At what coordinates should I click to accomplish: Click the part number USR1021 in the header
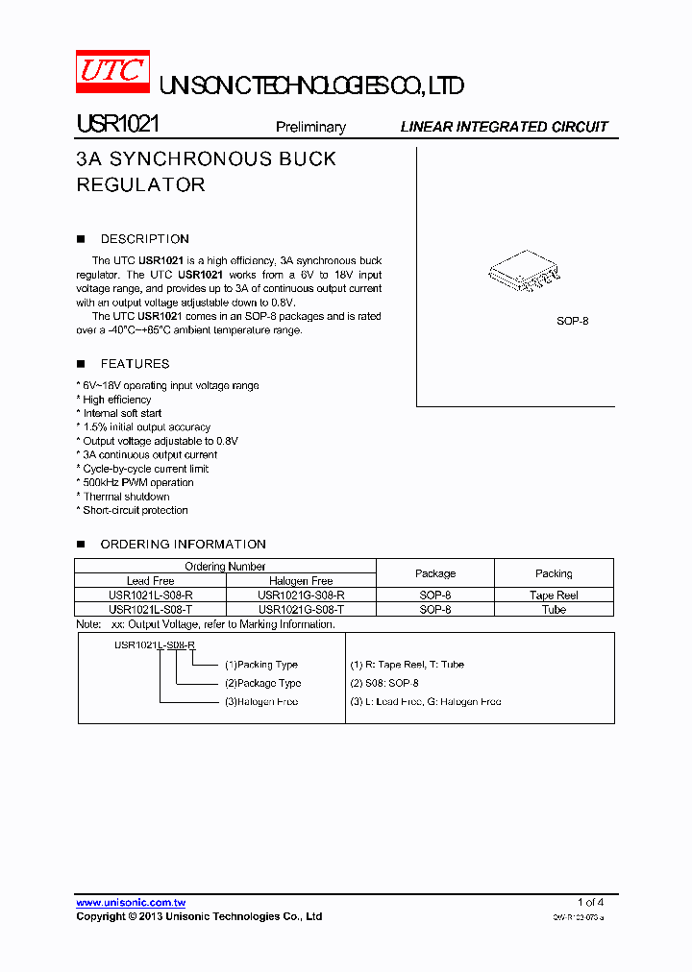tap(118, 126)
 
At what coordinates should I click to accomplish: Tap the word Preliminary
tap(309, 127)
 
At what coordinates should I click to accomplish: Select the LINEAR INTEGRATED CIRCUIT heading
tap(504, 127)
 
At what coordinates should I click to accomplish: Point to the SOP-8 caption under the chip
tap(572, 321)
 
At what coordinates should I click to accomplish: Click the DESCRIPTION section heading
tap(144, 239)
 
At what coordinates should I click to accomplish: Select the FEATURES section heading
tap(135, 364)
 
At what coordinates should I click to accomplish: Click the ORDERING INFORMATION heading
tap(183, 545)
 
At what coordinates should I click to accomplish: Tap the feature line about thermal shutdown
tap(126, 497)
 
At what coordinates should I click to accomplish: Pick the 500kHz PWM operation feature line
tap(138, 483)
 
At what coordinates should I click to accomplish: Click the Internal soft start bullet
tap(122, 413)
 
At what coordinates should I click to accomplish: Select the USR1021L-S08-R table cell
tap(151, 595)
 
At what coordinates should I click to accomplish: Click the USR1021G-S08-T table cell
tap(301, 610)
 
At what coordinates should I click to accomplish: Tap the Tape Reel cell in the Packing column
tap(554, 595)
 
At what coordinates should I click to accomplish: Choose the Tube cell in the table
tap(554, 610)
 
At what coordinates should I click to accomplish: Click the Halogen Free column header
tap(301, 581)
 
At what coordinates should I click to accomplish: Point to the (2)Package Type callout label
tap(262, 684)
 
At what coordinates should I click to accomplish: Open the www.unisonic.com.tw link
tap(131, 903)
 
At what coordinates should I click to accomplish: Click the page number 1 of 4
tap(590, 902)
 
